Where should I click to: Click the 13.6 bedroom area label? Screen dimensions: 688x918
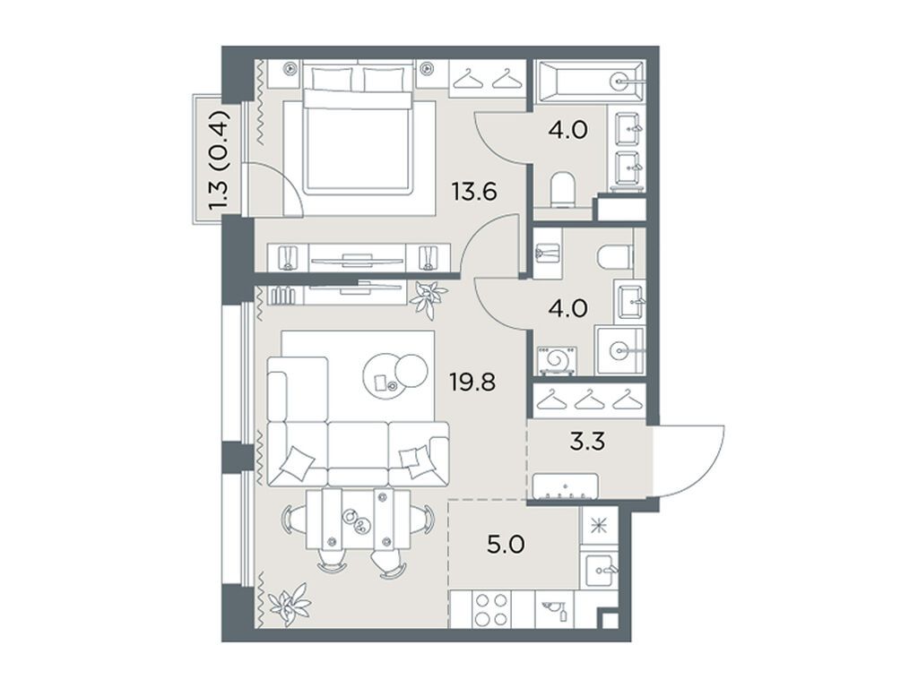(474, 192)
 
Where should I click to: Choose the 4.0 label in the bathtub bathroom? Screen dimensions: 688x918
(568, 131)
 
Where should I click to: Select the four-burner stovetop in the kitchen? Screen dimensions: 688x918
(489, 609)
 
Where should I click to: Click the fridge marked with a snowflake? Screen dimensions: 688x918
(594, 525)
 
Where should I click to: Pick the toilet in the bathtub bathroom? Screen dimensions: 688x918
(562, 189)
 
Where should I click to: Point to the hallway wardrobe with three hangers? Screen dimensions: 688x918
(588, 400)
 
